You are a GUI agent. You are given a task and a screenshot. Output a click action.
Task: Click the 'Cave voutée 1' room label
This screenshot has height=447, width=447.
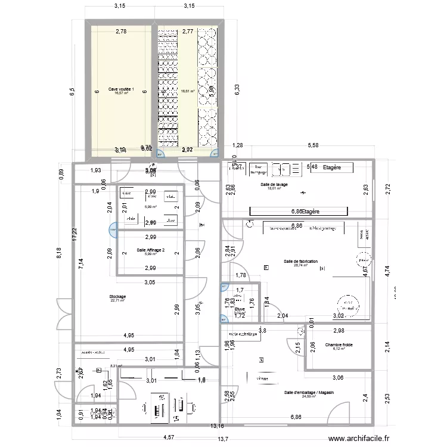point(121,89)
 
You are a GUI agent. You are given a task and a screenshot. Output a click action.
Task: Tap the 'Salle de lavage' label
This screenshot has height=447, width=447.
point(274,185)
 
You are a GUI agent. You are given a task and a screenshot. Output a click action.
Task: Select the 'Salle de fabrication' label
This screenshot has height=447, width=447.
point(300,262)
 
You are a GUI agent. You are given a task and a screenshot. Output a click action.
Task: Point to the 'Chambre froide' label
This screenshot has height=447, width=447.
point(339,345)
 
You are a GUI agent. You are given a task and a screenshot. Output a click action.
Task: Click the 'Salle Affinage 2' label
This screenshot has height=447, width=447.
point(150,250)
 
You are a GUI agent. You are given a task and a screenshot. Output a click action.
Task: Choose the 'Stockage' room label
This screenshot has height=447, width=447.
point(117,296)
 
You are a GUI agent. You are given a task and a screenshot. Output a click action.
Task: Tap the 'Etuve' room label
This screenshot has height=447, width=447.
point(240,309)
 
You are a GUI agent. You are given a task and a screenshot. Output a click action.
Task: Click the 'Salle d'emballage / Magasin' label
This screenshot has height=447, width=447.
point(308,393)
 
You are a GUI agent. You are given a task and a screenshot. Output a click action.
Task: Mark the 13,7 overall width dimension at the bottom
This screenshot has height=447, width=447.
point(222,439)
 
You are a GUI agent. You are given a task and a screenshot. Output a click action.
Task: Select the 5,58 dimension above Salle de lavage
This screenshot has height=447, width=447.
point(312,145)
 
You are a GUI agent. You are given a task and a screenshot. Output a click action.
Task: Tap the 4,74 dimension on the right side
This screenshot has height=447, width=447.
point(386,272)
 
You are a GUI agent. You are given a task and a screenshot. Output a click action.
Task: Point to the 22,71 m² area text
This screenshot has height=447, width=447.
point(117,301)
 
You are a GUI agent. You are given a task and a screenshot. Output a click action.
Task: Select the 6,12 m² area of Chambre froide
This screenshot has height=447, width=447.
point(339,350)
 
